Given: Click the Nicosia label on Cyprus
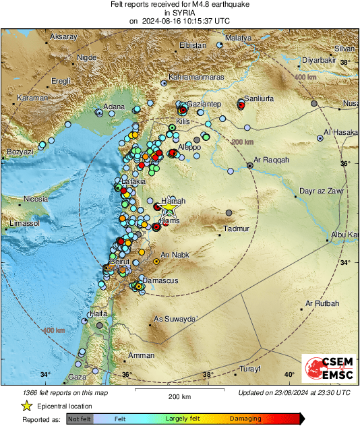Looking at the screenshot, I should click(x=36, y=199).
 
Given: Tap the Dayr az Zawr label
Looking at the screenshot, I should click(x=322, y=191).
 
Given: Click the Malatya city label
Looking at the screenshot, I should click(x=237, y=38).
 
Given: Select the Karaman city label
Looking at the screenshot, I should click(x=32, y=98).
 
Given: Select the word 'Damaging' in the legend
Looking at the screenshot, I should click(x=241, y=418).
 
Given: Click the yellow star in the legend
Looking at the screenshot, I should click(x=26, y=406).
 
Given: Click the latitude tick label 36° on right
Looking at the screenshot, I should click(x=345, y=163).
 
